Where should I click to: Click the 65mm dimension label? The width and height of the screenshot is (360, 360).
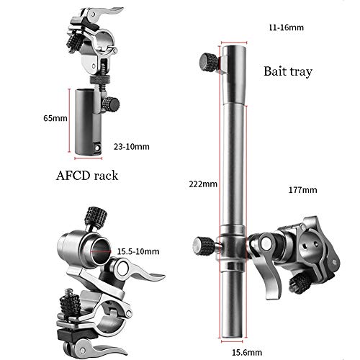point(55,118)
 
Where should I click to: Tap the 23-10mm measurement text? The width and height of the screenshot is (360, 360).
point(132,147)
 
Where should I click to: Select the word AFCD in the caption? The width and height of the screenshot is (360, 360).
point(73,176)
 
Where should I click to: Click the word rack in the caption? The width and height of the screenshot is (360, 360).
point(106,176)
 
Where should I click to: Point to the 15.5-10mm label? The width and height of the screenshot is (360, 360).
point(138,251)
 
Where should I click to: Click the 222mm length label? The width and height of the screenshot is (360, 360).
point(203,184)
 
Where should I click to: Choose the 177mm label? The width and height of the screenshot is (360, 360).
point(302,190)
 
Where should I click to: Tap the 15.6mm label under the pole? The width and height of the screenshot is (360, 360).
point(247,352)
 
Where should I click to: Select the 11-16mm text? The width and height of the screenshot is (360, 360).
point(286,27)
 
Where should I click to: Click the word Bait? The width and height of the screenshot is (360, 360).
point(275,71)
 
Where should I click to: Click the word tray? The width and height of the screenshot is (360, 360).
point(301,72)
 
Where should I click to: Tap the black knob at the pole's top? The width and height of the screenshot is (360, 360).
point(208,62)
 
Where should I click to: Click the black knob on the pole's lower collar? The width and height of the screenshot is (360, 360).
point(204,246)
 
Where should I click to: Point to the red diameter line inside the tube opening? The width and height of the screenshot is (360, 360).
point(101,251)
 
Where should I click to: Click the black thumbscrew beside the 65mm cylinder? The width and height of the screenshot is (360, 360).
point(111,104)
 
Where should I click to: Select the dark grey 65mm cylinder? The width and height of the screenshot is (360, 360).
point(88,122)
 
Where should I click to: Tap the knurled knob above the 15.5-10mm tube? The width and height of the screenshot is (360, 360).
point(96,216)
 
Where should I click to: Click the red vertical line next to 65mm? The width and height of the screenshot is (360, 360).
point(69,120)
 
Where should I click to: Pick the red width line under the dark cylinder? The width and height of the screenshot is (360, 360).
point(89,158)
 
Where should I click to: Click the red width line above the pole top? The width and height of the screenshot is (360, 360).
point(234,43)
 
